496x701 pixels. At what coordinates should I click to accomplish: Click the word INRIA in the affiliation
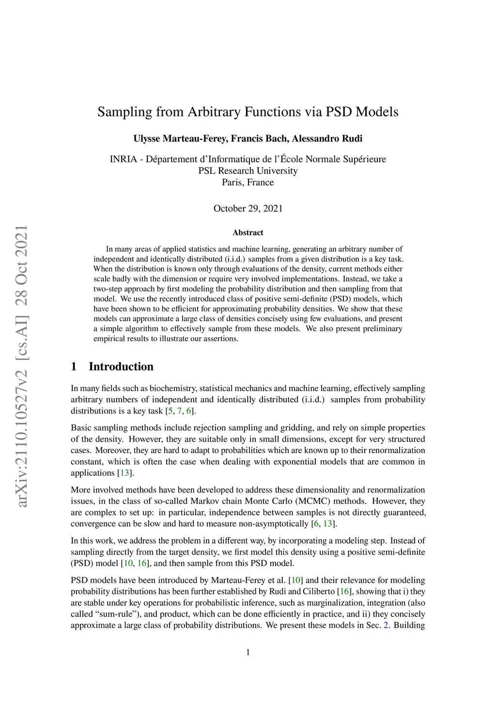click(124, 159)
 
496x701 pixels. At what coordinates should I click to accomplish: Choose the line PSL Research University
click(248, 171)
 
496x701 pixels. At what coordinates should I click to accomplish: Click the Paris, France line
click(248, 183)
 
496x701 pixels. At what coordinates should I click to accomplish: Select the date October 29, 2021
click(248, 209)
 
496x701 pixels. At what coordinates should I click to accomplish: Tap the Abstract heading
click(248, 233)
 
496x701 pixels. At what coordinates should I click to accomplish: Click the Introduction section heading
click(121, 366)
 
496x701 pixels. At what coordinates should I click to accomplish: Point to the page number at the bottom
click(248, 652)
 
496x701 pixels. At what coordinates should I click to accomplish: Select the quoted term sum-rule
click(114, 614)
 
